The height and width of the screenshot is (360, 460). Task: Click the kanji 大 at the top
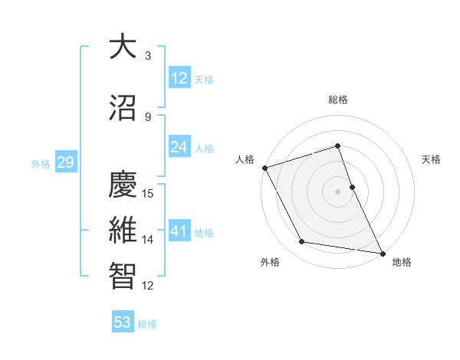tap(123, 47)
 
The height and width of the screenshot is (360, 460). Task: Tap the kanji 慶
tap(123, 185)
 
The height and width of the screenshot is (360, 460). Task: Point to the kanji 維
tap(123, 231)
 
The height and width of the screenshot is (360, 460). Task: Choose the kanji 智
tap(123, 277)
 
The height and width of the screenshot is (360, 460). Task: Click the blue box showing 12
tap(179, 78)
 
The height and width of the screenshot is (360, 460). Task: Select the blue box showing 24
tap(179, 147)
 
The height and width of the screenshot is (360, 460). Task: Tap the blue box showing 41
tap(179, 231)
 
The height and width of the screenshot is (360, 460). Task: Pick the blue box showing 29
tap(64, 162)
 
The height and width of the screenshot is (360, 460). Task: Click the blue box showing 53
tap(123, 322)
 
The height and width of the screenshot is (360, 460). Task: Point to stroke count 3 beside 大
tap(148, 56)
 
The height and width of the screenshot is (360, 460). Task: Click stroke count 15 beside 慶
tap(149, 194)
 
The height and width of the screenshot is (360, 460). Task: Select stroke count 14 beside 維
tap(149, 240)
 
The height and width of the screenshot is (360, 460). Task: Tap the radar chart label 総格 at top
tap(338, 100)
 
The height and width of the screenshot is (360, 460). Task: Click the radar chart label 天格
tap(432, 159)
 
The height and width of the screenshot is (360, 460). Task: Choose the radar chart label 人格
tap(245, 159)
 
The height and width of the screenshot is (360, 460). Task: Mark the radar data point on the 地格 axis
tap(381, 252)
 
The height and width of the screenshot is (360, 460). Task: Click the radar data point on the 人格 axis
tap(264, 168)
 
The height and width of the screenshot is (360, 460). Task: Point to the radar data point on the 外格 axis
tap(302, 242)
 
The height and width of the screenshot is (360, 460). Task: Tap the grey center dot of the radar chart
tap(338, 191)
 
